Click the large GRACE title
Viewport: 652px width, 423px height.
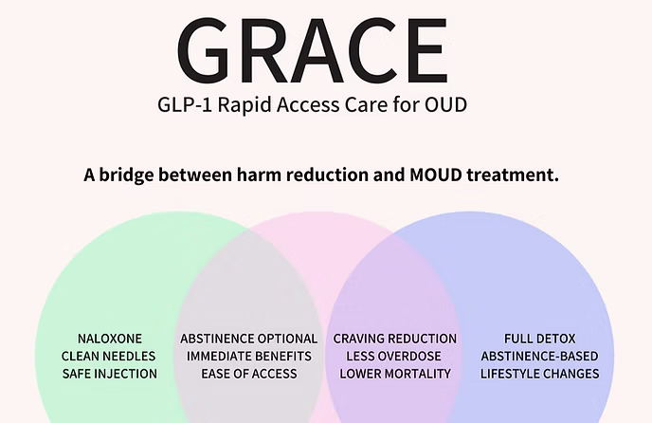(312, 49)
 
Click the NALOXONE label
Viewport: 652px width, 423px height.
(110, 339)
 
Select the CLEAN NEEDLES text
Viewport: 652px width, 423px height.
(110, 356)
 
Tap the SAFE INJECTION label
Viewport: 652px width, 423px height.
(110, 373)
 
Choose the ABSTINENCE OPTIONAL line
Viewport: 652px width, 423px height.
(249, 339)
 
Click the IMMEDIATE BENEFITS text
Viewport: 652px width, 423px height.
(249, 356)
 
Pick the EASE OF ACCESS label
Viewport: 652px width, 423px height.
(249, 373)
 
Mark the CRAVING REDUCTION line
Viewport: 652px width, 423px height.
(395, 339)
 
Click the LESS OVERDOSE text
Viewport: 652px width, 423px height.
(395, 356)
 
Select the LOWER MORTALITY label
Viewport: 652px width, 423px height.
(395, 373)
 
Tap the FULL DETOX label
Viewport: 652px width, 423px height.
(540, 339)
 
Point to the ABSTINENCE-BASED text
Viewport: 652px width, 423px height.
(540, 356)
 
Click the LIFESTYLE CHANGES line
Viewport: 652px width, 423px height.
(540, 373)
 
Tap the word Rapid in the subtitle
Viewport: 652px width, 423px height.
(270, 103)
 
